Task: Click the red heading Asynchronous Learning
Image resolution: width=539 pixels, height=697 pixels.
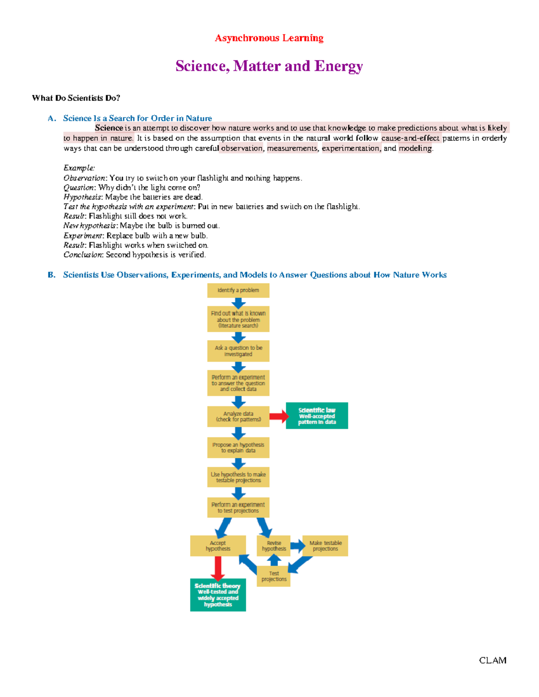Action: point(269,38)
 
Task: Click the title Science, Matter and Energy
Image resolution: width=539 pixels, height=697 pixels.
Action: point(269,66)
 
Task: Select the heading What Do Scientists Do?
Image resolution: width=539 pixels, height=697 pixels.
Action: point(76,98)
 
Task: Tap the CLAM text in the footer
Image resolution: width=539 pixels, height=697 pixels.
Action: point(492,660)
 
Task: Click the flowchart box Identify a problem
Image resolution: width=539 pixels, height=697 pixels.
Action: point(238,290)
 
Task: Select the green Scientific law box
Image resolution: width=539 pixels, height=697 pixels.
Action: point(317,416)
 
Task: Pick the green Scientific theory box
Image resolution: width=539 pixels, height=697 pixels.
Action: point(218,595)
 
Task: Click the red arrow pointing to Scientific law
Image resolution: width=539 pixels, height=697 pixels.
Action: point(279,416)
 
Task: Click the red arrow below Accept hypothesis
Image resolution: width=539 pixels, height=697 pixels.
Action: point(218,568)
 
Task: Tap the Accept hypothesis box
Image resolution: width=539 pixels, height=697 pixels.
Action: point(218,546)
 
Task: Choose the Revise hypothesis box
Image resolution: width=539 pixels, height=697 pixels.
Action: point(274,546)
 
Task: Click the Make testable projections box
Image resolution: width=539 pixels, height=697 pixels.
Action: point(326,546)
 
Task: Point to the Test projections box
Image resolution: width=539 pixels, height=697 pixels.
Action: point(274,576)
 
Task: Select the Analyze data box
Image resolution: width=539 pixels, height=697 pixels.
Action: point(238,416)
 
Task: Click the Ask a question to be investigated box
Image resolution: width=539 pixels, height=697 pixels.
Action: point(238,351)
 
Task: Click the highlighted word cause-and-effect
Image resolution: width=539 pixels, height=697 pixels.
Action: point(410,138)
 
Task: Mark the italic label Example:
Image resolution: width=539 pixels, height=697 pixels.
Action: point(79,168)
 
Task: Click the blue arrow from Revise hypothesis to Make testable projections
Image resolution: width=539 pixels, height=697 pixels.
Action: point(297,546)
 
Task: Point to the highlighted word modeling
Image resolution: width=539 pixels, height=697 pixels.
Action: point(415,149)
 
